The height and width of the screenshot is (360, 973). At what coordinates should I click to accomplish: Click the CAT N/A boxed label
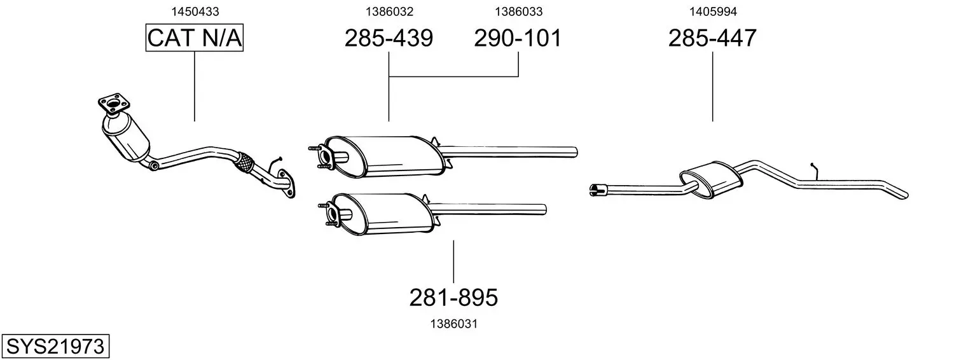click(x=194, y=38)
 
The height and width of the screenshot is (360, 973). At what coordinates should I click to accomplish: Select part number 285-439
click(x=389, y=38)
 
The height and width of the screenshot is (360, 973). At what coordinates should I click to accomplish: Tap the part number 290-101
click(x=518, y=38)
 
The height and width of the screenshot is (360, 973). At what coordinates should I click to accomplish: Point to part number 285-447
click(x=712, y=38)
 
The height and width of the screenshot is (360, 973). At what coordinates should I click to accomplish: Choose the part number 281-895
click(x=453, y=298)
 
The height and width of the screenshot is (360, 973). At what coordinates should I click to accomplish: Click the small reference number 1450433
click(x=195, y=11)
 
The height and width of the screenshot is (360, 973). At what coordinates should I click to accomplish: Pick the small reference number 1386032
click(x=389, y=11)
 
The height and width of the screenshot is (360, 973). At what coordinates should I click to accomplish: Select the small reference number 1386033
click(x=519, y=11)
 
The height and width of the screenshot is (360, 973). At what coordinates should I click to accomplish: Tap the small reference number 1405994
click(x=713, y=11)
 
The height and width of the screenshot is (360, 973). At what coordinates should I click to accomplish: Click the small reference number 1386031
click(x=454, y=324)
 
